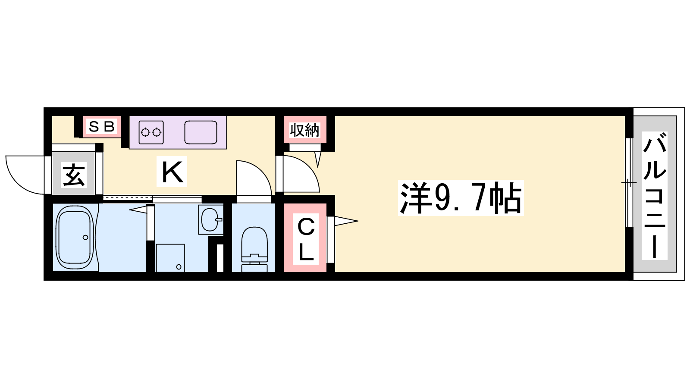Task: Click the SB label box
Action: click(x=102, y=126)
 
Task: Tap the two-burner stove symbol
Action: click(x=151, y=132)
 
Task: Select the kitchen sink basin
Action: click(x=201, y=132)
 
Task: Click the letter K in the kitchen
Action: click(x=172, y=172)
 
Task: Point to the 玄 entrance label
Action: click(x=73, y=175)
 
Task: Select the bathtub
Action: click(x=75, y=237)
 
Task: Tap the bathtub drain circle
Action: click(x=85, y=238)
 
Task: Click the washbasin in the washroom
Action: click(x=211, y=219)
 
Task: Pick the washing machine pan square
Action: click(x=170, y=258)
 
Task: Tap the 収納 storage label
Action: click(x=304, y=130)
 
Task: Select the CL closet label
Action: click(x=306, y=239)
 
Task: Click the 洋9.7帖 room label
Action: click(x=461, y=198)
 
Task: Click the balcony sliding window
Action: click(x=629, y=183)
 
